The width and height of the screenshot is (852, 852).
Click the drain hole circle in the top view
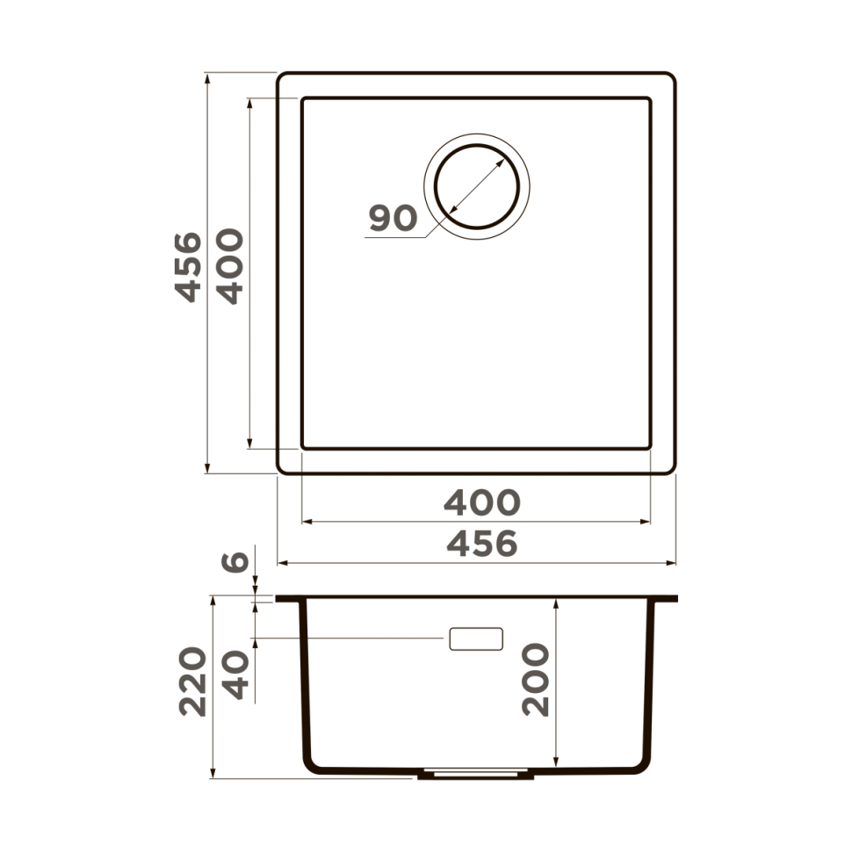(476, 186)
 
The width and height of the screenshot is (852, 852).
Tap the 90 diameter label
(393, 218)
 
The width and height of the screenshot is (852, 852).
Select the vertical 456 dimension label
(187, 267)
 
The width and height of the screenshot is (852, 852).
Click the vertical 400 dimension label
(230, 267)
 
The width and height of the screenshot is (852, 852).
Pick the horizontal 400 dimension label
(481, 502)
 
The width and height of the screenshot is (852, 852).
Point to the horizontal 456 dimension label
(481, 545)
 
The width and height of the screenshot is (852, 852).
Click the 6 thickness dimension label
(235, 560)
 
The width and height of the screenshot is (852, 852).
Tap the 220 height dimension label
(193, 682)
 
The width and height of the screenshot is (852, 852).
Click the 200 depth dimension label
(536, 680)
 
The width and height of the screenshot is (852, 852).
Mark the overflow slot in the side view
(475, 639)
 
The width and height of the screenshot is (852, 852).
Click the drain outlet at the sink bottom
(475, 775)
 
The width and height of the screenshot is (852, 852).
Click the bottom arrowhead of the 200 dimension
(557, 762)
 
